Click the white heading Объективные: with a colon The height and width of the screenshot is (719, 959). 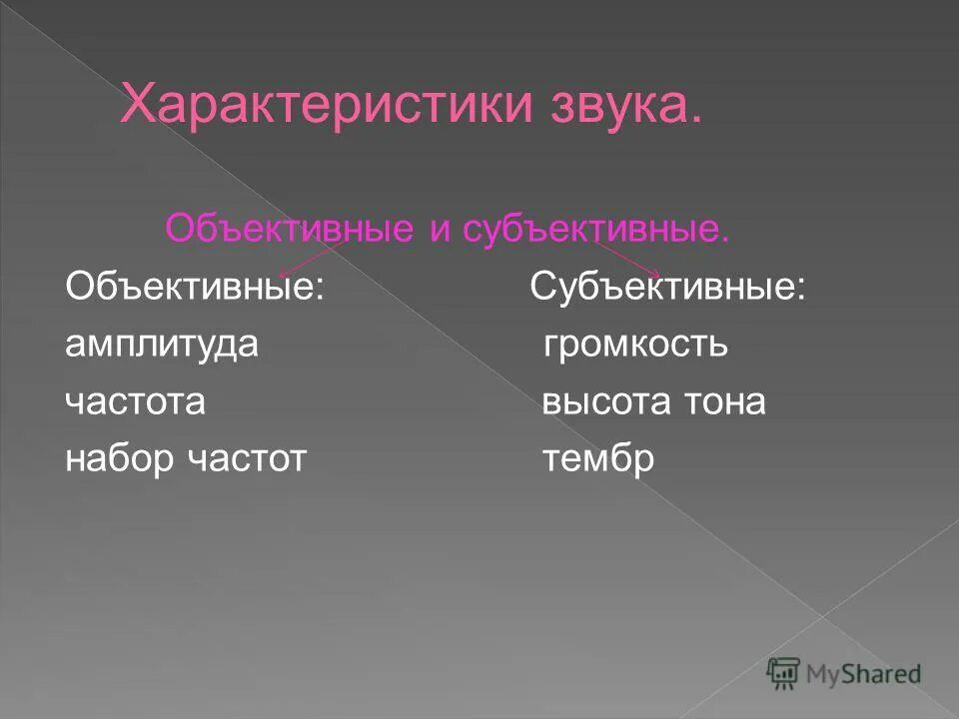[195, 288]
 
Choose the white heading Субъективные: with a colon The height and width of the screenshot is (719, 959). [668, 288]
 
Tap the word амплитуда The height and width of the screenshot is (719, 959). [162, 346]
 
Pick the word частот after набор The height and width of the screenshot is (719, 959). [246, 459]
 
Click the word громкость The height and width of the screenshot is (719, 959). [635, 346]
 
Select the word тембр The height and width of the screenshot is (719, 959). [597, 459]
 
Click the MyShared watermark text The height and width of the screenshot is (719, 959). [865, 674]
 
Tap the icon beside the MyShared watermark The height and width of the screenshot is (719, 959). [784, 673]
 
